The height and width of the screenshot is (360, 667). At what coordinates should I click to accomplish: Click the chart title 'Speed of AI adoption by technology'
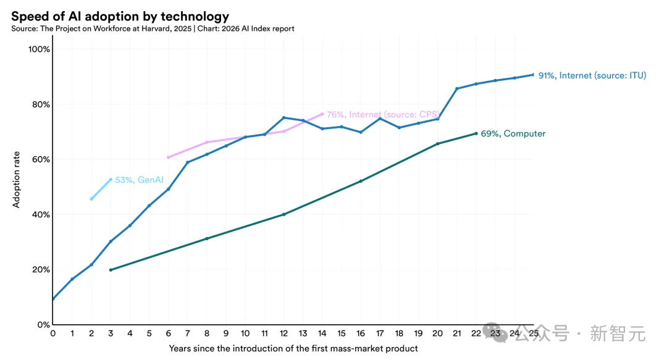[x=120, y=17]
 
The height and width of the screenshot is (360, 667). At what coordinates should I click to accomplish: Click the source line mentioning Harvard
[x=153, y=28]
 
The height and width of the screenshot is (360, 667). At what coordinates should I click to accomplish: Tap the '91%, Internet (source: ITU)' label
[x=592, y=75]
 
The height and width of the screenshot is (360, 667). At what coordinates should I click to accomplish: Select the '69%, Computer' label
[x=513, y=133]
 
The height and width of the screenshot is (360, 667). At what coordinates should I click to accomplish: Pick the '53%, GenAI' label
[x=138, y=180]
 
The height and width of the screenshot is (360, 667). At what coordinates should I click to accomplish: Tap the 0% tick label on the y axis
[x=43, y=324]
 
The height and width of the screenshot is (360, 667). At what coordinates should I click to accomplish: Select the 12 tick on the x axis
[x=283, y=333]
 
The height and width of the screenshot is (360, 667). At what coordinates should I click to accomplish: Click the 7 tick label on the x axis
[x=187, y=333]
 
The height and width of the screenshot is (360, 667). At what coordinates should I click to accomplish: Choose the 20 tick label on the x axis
[x=437, y=333]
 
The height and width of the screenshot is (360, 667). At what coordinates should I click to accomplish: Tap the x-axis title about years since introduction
[x=293, y=348]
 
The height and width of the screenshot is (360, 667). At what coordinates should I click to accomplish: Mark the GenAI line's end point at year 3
[x=111, y=180]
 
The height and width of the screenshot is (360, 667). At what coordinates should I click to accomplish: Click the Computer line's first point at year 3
[x=111, y=270]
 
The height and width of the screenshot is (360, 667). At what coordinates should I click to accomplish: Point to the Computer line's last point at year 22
[x=476, y=133]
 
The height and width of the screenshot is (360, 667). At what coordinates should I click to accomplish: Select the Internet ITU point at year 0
[x=53, y=299]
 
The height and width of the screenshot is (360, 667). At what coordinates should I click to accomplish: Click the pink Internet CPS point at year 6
[x=168, y=157]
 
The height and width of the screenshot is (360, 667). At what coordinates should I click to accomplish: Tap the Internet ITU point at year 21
[x=457, y=88]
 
